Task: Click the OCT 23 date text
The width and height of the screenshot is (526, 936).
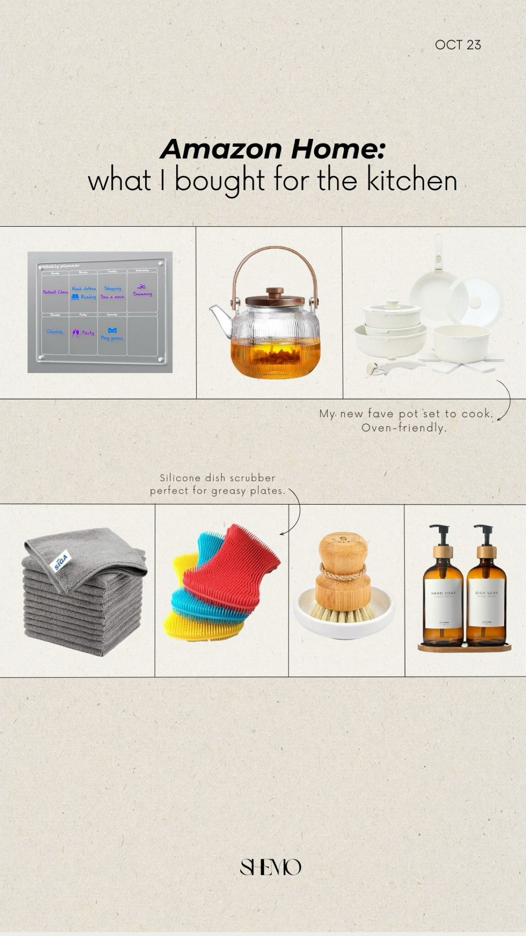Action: click(x=458, y=45)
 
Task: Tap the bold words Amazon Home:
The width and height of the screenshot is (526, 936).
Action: click(x=272, y=149)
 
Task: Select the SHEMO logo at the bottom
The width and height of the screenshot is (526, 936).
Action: click(x=270, y=867)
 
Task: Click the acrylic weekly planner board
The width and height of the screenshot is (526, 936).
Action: click(x=100, y=312)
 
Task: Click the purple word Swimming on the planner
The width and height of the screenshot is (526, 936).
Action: click(x=142, y=294)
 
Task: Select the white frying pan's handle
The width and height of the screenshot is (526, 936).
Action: click(x=438, y=251)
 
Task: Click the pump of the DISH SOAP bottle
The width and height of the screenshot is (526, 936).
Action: click(x=484, y=535)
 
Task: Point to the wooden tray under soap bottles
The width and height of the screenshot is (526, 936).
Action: click(x=464, y=647)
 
